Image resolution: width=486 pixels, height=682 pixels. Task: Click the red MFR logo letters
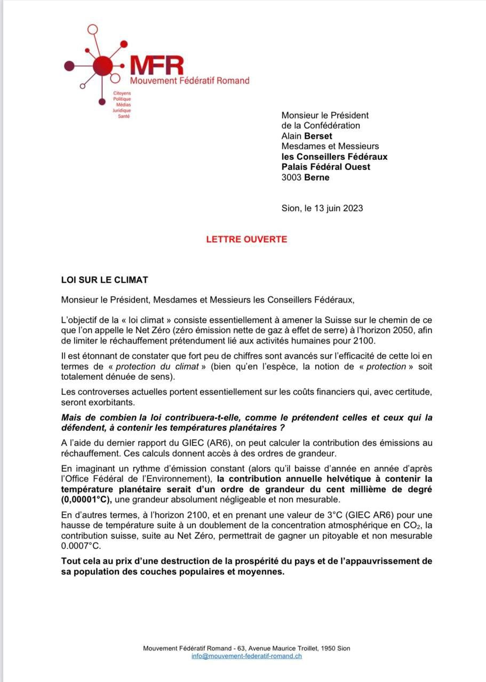tap(157, 66)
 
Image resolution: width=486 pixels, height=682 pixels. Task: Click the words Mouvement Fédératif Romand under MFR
tap(190, 80)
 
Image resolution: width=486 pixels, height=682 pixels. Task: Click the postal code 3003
tap(292, 177)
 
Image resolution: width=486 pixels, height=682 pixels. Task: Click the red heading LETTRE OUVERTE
tap(246, 239)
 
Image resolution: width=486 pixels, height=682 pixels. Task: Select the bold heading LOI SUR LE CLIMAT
tap(105, 280)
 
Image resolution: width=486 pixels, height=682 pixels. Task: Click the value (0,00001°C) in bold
tap(92, 500)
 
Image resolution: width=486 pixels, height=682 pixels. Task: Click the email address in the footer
tap(246, 656)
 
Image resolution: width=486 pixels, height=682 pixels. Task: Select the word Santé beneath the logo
tap(124, 116)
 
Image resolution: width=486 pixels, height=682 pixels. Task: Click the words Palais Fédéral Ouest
tap(326, 167)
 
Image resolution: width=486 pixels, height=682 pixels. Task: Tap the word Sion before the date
tap(291, 208)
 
